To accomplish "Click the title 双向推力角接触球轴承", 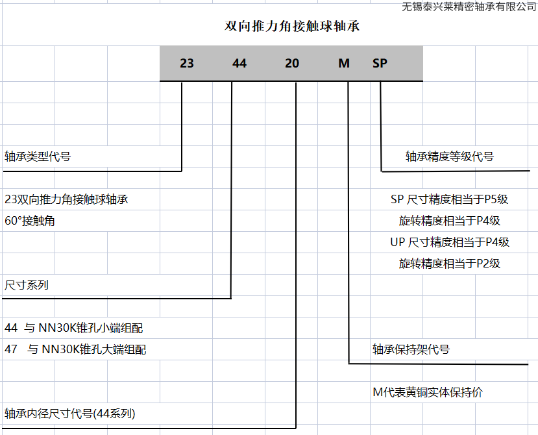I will [x=292, y=27].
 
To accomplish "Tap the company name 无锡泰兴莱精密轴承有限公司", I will [x=469, y=6].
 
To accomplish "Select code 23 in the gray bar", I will [x=187, y=64].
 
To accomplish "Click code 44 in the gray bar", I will [x=239, y=64].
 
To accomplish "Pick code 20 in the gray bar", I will [x=292, y=64].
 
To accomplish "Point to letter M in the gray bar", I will [x=344, y=64].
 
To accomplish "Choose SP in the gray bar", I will [x=380, y=64].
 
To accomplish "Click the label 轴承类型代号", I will [x=38, y=156].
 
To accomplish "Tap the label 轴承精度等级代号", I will [x=450, y=156].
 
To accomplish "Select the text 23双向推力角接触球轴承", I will [x=66, y=199].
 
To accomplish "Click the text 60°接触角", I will [x=30, y=221].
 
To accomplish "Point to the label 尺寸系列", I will [x=27, y=285].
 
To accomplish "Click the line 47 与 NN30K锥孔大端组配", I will [x=75, y=349].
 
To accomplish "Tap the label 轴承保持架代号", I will [x=411, y=349].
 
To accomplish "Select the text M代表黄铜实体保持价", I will [x=428, y=392].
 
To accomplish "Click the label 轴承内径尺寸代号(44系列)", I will [x=70, y=414].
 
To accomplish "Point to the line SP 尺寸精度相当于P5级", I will [x=449, y=199].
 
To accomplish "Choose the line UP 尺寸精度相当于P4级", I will [x=449, y=242].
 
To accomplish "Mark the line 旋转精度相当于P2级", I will [x=449, y=264].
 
